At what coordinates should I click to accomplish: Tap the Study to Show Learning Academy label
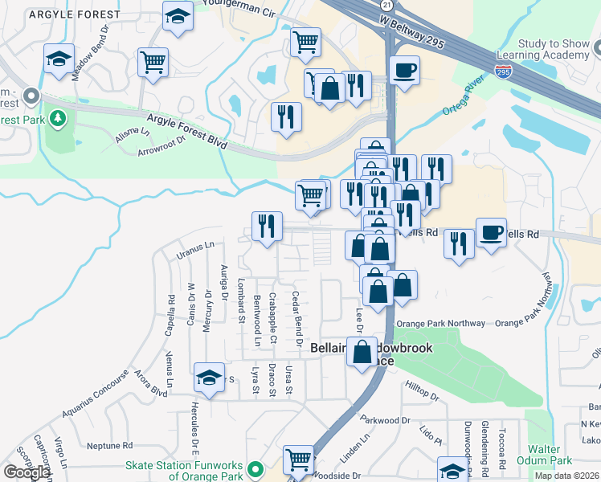click(542, 49)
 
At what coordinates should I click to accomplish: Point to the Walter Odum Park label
click(550, 455)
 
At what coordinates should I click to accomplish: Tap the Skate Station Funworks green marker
click(256, 468)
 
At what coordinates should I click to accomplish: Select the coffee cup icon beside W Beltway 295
click(404, 69)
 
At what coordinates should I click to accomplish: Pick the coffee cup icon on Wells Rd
click(491, 233)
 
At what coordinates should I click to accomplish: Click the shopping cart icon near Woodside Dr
click(298, 460)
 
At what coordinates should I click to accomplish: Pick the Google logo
click(27, 472)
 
